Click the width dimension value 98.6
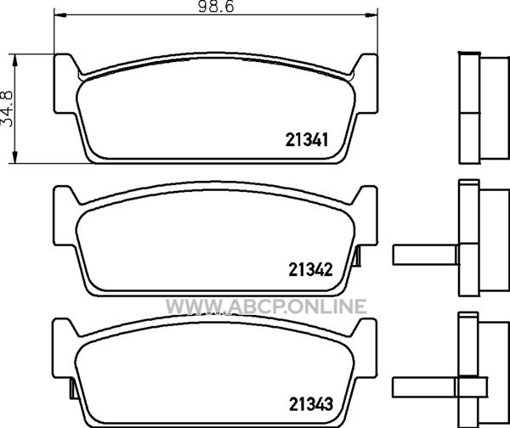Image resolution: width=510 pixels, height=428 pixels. (x=216, y=7)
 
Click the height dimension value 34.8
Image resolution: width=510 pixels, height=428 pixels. (x=8, y=108)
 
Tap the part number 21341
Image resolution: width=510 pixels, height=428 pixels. (x=307, y=140)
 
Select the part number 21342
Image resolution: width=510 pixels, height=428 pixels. (x=310, y=269)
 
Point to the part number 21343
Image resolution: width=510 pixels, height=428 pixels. (x=311, y=404)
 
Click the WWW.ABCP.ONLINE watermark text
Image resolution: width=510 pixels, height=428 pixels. (x=266, y=307)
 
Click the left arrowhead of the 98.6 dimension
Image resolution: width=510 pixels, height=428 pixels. (x=59, y=15)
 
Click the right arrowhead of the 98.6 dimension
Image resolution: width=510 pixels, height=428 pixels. (x=371, y=15)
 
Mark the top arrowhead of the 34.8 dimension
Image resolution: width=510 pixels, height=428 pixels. (x=14, y=60)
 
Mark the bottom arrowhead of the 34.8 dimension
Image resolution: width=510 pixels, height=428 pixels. (x=14, y=157)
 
